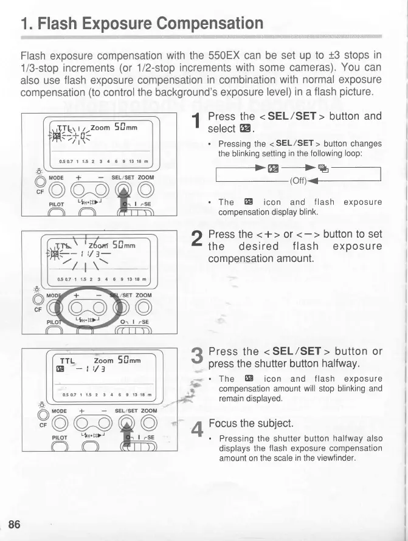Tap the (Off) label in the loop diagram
[x=299, y=181]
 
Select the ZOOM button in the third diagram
[x=148, y=424]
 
